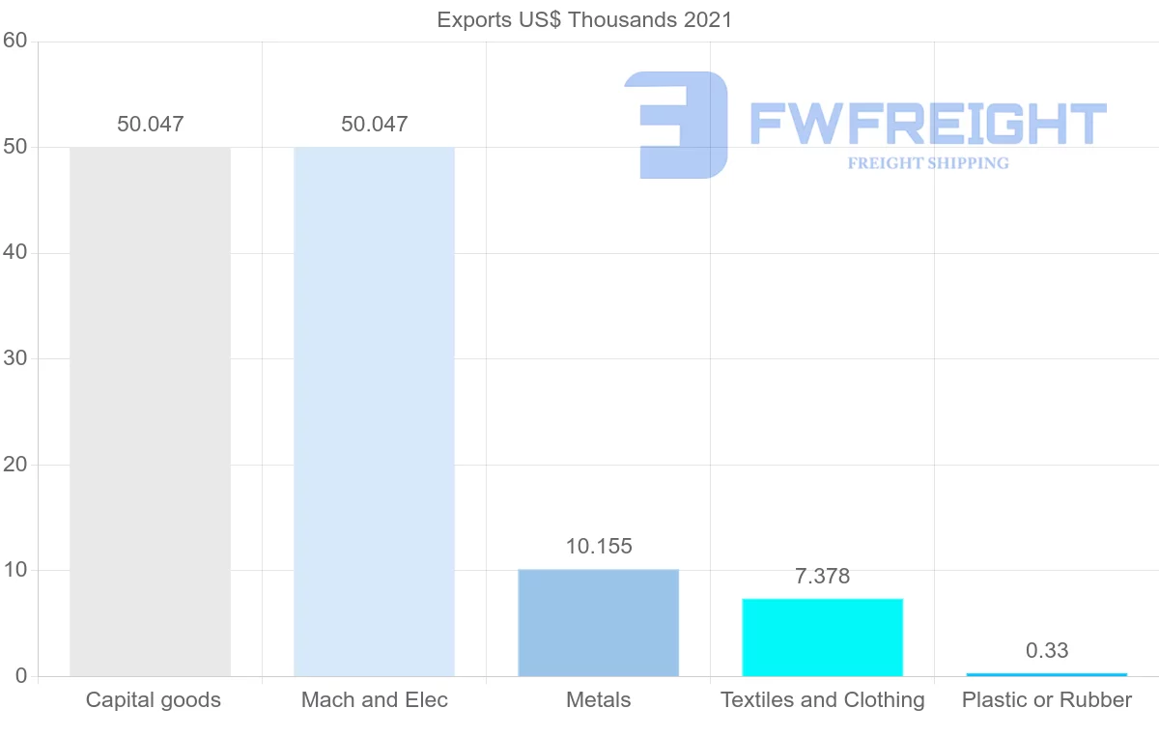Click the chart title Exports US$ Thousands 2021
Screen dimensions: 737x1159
click(584, 19)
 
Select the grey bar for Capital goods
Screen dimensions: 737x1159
click(150, 411)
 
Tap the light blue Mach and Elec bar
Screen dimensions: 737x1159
click(374, 411)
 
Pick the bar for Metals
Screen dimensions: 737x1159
click(598, 623)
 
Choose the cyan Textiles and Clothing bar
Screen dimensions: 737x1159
click(822, 638)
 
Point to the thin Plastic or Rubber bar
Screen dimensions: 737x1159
click(1046, 674)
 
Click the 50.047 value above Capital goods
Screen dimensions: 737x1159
click(150, 125)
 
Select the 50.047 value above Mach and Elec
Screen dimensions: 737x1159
click(374, 125)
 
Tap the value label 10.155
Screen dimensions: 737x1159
click(598, 547)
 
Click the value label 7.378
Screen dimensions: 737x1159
click(822, 577)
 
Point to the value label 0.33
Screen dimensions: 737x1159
click(1046, 651)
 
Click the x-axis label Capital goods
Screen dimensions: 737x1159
click(153, 700)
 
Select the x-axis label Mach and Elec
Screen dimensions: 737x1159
click(374, 700)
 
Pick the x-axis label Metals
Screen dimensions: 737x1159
click(598, 700)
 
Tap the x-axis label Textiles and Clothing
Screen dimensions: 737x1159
click(822, 700)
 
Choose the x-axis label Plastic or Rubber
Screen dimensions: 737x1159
click(1046, 700)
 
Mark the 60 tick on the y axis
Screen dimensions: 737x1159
click(14, 42)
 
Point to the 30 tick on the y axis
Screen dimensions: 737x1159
click(14, 359)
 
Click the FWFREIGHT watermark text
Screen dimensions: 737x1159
click(927, 124)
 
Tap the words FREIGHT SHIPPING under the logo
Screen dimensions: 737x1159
click(927, 163)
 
